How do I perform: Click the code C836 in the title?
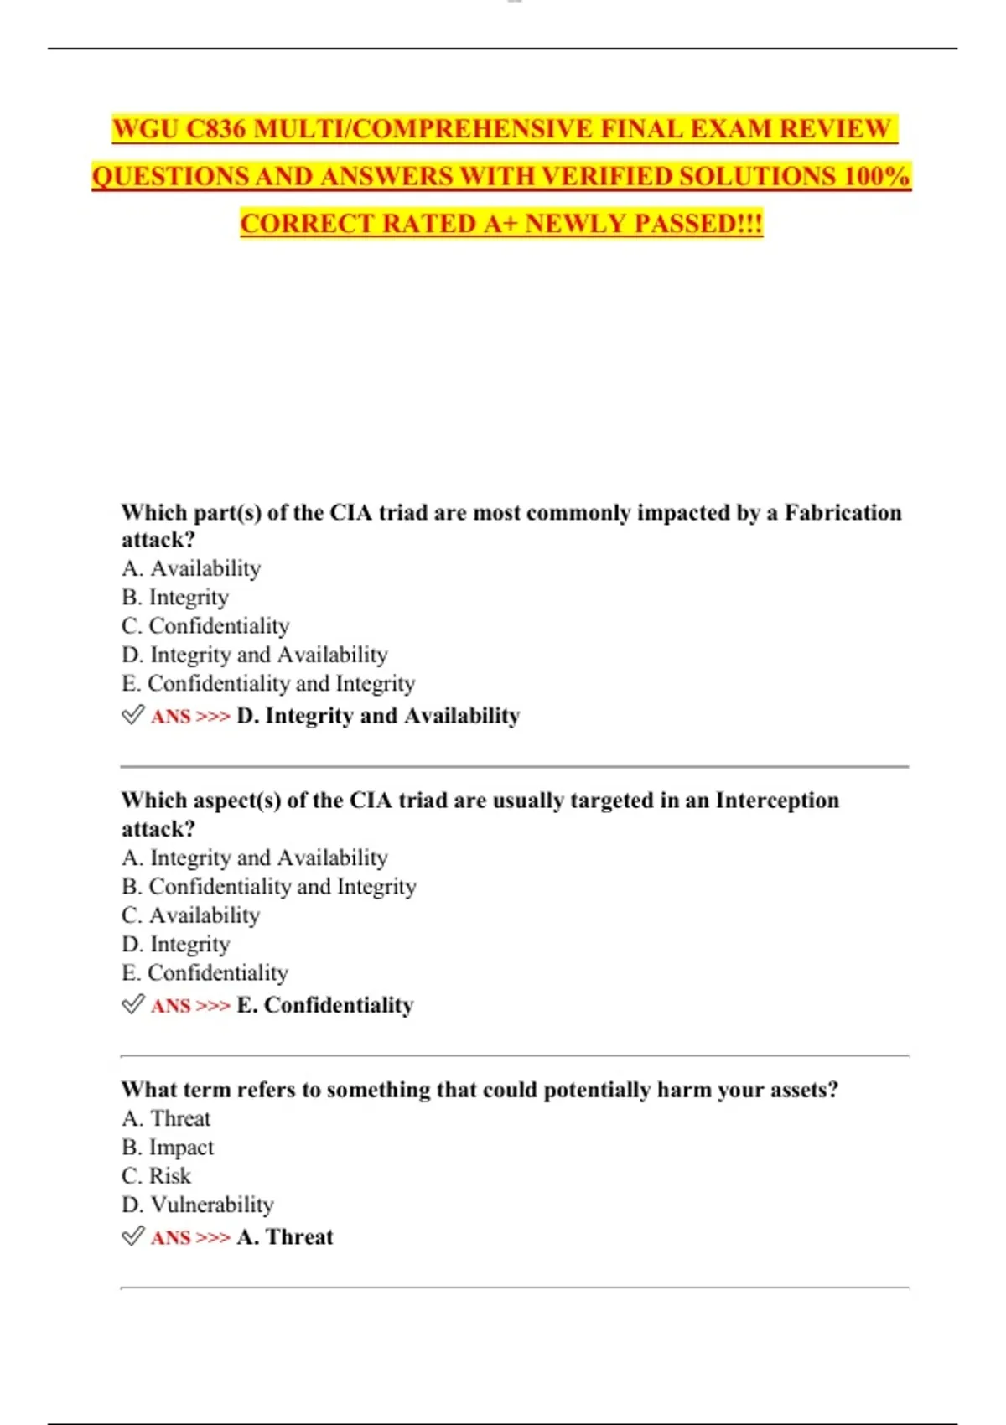pos(215,129)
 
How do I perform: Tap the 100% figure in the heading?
pos(877,177)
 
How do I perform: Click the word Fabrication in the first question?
pos(843,512)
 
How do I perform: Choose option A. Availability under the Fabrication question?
pos(191,568)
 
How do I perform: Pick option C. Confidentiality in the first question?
pos(205,626)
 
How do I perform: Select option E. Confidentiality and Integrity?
pos(268,684)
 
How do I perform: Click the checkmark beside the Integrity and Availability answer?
pos(132,715)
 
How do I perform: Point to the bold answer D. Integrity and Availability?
pos(378,716)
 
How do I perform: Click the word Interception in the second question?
pos(776,801)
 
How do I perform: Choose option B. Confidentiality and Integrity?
pos(268,887)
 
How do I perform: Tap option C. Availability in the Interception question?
pos(190,915)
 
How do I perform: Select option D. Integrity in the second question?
pos(175,945)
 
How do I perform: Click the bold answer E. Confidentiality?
pos(325,1005)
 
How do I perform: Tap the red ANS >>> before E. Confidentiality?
pos(190,1006)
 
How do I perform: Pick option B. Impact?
pos(168,1148)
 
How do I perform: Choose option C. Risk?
pos(156,1176)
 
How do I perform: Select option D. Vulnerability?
pos(197,1205)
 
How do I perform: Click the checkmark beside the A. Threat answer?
pos(132,1236)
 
